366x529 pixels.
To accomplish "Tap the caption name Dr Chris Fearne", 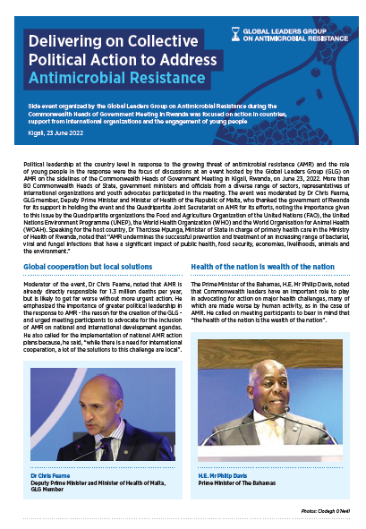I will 49,474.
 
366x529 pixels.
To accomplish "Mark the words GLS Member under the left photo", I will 44,489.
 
